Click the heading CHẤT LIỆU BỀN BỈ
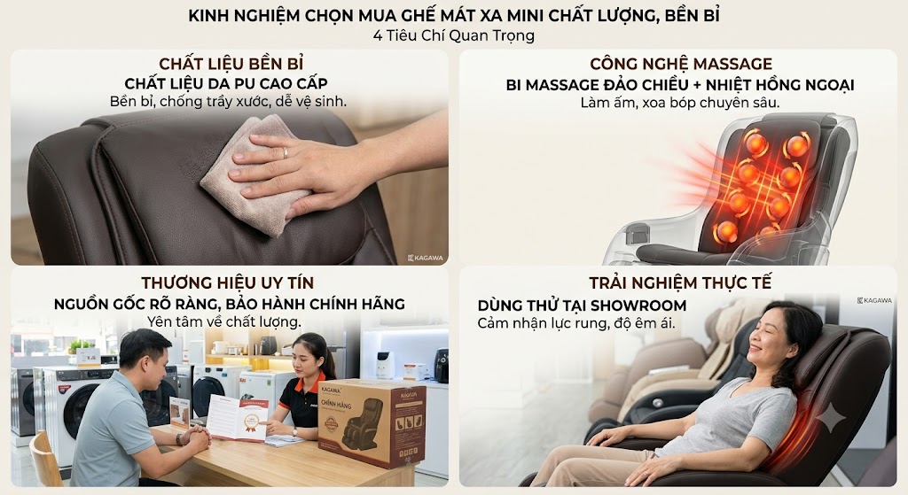(x=231, y=63)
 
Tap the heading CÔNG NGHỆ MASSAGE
(x=681, y=64)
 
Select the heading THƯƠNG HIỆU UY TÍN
(x=228, y=282)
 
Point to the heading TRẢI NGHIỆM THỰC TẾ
(x=680, y=282)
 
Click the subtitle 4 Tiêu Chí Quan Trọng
(x=454, y=35)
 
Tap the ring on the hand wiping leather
(x=285, y=152)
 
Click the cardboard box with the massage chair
(x=372, y=422)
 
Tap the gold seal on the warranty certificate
(x=251, y=422)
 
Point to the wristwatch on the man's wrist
(x=179, y=439)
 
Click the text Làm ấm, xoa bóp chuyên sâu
(x=680, y=103)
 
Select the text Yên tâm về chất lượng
(x=224, y=322)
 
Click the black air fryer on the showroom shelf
(x=442, y=365)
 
